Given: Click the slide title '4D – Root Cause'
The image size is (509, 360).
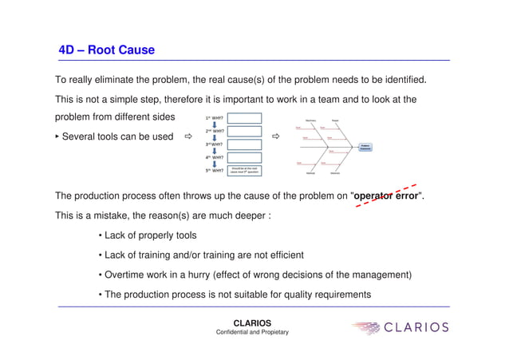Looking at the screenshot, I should (107, 50).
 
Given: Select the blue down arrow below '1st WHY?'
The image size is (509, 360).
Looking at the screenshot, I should (214, 124).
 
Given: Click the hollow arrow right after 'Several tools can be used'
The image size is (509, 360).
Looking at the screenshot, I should (189, 137).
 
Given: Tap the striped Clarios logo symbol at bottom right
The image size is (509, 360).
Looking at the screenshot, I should (368, 328).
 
